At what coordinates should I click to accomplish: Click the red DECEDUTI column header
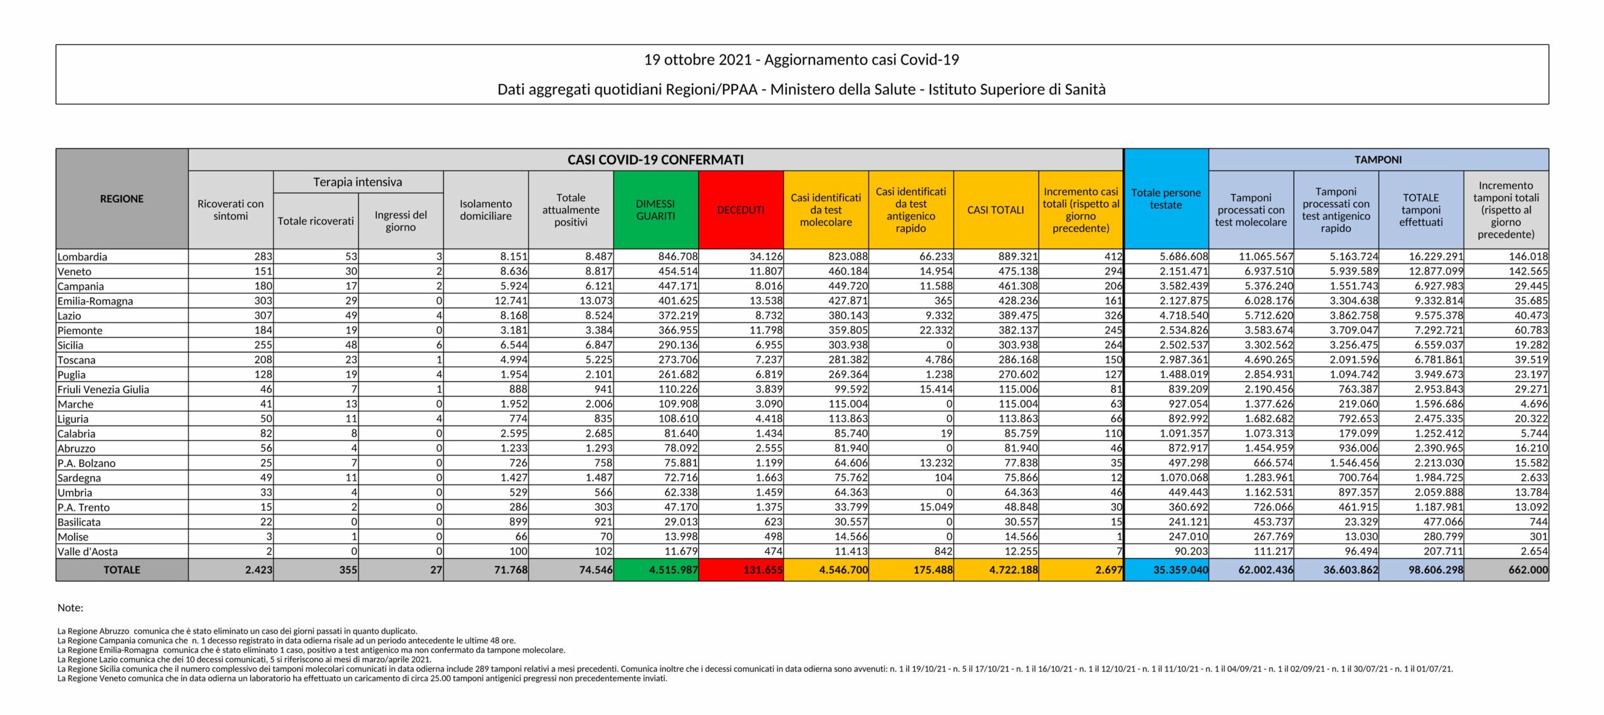coord(741,210)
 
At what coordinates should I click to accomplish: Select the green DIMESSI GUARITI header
coord(655,210)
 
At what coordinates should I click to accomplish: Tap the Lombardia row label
coord(82,257)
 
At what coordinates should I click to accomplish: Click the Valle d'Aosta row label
coord(88,552)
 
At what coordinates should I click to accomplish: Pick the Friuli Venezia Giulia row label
coord(103,389)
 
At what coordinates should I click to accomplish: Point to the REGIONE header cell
coord(122,198)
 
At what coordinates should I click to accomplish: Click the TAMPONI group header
coord(1378,160)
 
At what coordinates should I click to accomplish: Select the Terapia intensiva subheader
coord(358,182)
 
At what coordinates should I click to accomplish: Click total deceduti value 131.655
coord(763,570)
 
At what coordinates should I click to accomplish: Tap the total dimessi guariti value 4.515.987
coord(673,570)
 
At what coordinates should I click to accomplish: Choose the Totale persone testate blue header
coord(1165,198)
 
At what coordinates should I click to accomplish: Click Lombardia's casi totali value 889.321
coord(1018,257)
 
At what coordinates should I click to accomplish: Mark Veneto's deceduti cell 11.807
coord(766,272)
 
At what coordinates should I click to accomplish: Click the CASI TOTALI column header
coord(996,210)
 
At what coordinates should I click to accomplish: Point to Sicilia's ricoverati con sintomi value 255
coord(263,345)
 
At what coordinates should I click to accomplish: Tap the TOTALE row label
coord(122,570)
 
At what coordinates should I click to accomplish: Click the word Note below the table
coord(70,607)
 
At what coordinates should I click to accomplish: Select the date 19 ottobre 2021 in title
coord(697,60)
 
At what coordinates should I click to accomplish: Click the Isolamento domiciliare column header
coord(486,210)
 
